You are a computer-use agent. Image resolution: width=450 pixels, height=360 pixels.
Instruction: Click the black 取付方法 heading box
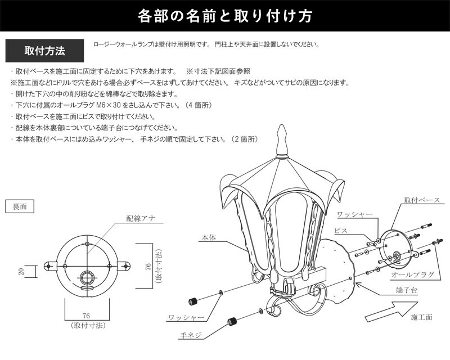point(45,51)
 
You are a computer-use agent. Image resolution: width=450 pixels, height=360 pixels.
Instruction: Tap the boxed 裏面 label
point(19,206)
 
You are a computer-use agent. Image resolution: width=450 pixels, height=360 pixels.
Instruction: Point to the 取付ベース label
point(426,200)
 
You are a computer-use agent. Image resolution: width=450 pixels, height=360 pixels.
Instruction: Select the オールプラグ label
point(412,274)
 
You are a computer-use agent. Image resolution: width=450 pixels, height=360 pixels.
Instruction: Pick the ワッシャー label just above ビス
point(355,215)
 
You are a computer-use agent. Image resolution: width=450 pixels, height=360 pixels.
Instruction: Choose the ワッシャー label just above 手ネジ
point(185,317)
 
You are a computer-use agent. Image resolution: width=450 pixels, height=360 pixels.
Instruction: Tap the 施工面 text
point(421,318)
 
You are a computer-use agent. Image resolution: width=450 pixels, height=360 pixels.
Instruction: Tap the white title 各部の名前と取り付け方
point(225,17)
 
